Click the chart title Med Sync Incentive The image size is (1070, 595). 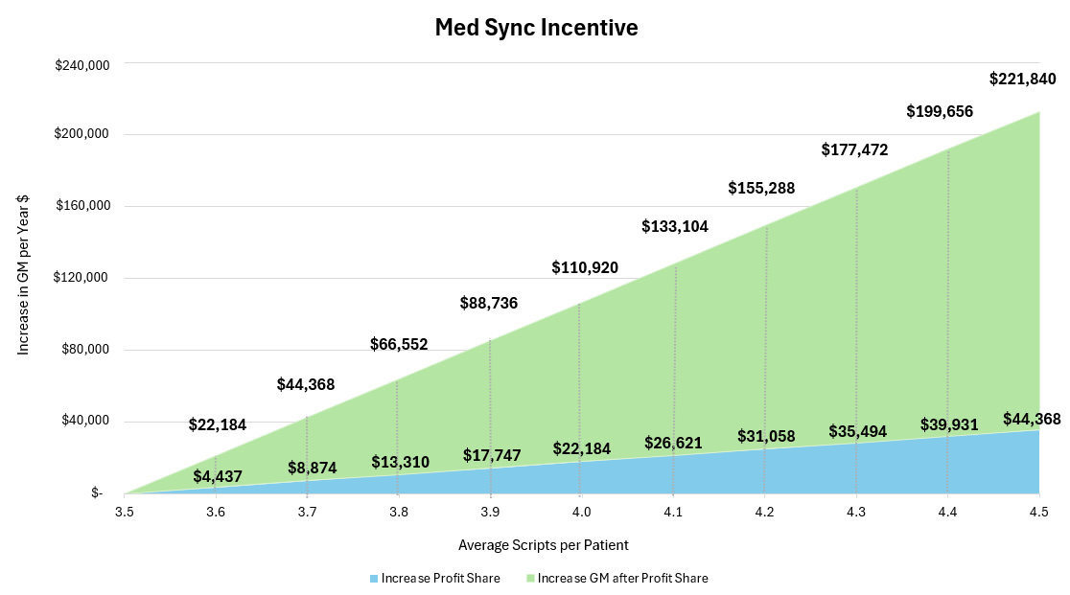click(x=536, y=28)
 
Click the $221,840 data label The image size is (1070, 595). click(x=1023, y=80)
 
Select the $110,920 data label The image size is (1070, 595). click(x=585, y=267)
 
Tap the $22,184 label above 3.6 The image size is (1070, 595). click(x=217, y=424)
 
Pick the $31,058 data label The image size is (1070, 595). click(x=766, y=436)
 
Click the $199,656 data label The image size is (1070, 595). click(x=940, y=111)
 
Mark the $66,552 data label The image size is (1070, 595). click(x=399, y=344)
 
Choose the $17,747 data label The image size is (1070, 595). click(x=492, y=455)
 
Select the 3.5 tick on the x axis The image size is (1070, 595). click(x=124, y=513)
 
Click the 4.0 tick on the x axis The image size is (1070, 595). click(x=581, y=513)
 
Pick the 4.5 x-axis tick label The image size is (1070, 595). click(x=1038, y=513)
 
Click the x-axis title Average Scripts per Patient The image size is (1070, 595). click(x=544, y=545)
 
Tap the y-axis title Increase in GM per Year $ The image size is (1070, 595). click(x=23, y=275)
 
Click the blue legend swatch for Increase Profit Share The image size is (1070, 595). click(x=374, y=579)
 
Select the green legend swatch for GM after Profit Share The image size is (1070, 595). click(x=530, y=579)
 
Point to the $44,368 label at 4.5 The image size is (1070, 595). click(x=1032, y=419)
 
